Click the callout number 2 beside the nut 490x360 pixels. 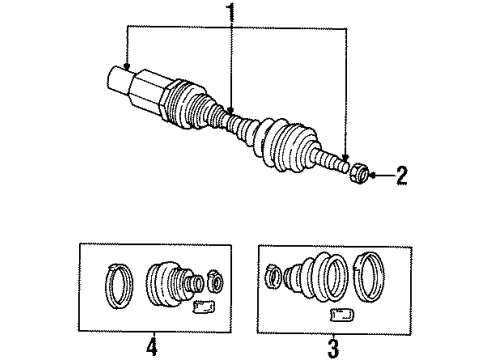tap(401, 178)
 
